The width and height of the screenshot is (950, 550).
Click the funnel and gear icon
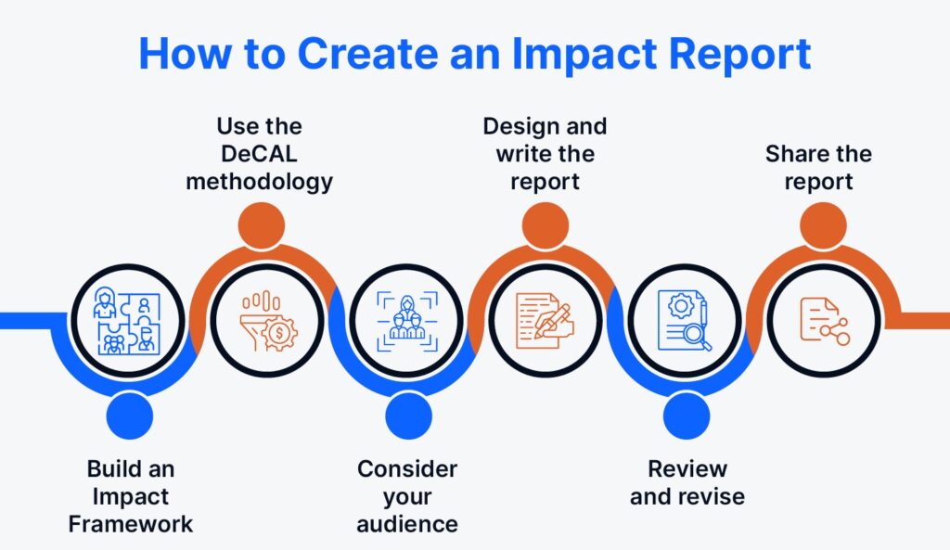pyautogui.click(x=266, y=321)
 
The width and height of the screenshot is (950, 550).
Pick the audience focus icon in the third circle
pyautogui.click(x=404, y=321)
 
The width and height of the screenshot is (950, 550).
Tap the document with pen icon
pyautogui.click(x=545, y=321)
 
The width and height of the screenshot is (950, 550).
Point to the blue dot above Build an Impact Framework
pyautogui.click(x=129, y=415)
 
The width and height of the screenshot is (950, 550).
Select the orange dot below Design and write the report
pyautogui.click(x=545, y=225)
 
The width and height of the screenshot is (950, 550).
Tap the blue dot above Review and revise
pyautogui.click(x=687, y=415)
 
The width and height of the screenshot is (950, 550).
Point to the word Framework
pyautogui.click(x=131, y=524)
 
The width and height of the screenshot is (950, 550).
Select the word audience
pyautogui.click(x=407, y=524)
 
